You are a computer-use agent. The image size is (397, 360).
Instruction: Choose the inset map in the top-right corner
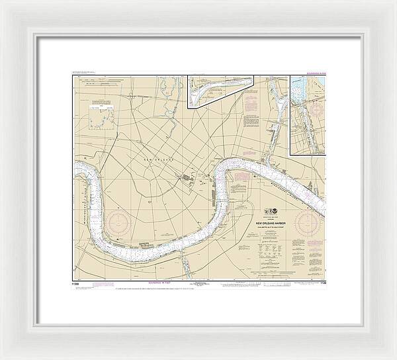pyautogui.click(x=308, y=115)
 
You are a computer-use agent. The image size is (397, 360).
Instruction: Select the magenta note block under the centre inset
pyautogui.click(x=251, y=103)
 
